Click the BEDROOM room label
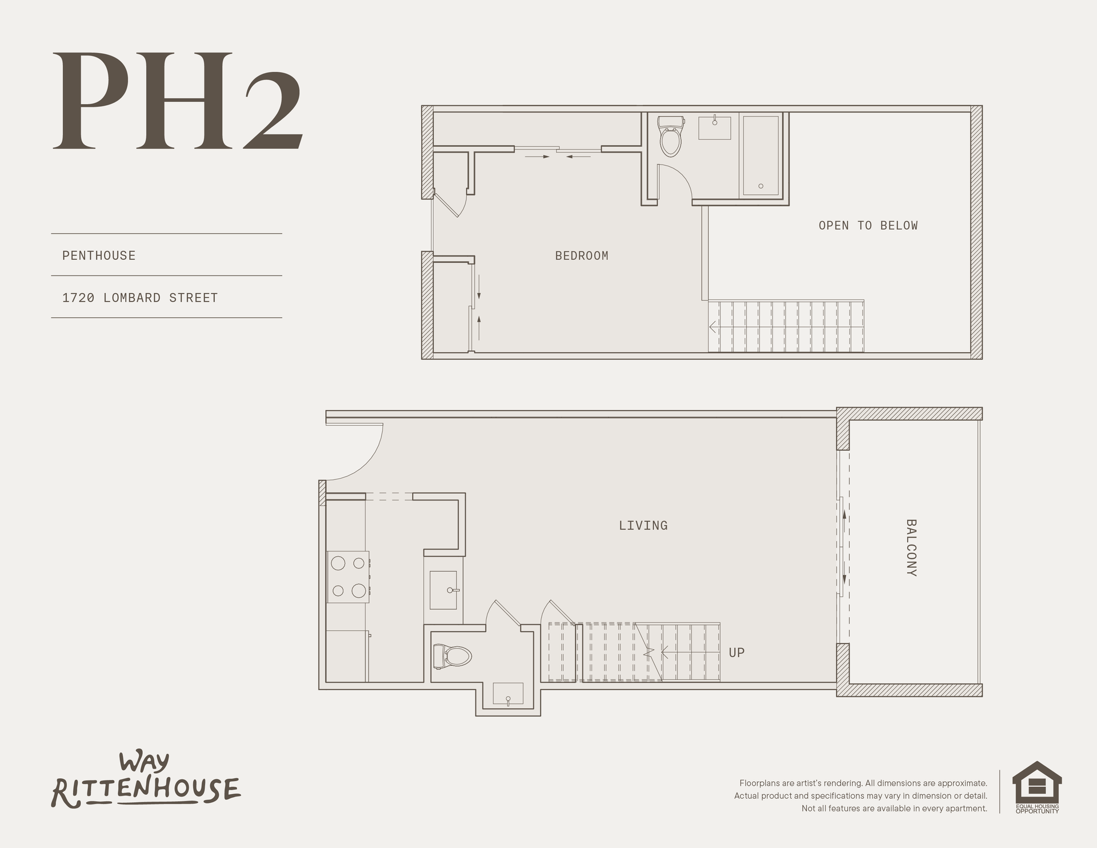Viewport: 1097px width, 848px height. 582,256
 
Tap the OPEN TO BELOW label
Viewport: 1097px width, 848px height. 868,226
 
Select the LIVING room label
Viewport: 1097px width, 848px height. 643,525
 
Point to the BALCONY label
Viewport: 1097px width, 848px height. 911,547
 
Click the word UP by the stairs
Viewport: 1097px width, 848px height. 736,653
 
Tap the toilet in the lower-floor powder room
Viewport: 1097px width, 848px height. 453,656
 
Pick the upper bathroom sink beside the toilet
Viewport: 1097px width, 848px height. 715,127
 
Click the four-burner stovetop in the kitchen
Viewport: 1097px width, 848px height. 348,577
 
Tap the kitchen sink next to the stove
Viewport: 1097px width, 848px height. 443,590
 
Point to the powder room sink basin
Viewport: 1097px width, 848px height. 508,694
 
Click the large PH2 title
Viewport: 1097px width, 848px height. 177,101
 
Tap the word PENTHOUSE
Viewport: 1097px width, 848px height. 99,255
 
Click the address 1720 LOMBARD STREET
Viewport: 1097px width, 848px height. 140,298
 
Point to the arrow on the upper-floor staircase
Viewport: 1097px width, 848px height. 786,327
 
